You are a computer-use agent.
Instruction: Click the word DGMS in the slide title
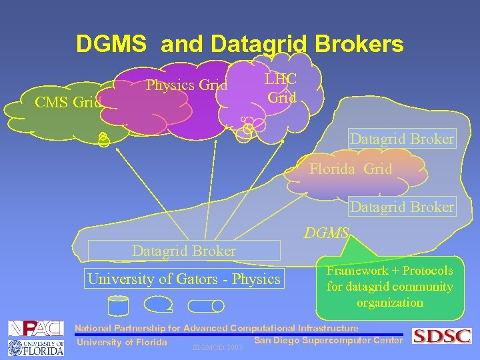[x=111, y=44]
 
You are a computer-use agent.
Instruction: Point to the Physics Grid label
[x=187, y=85]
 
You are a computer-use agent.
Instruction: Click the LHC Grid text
[x=281, y=88]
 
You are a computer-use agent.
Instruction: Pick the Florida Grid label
[x=351, y=169]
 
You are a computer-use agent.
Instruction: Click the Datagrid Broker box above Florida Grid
[x=402, y=139]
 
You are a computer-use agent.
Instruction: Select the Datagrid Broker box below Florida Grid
[x=402, y=207]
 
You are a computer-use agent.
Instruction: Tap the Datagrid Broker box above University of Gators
[x=184, y=251]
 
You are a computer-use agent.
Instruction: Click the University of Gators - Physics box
[x=184, y=279]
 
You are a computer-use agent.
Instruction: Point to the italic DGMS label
[x=326, y=233]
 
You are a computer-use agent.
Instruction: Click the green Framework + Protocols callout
[x=389, y=287]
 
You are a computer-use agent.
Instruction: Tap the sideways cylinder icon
[x=205, y=306]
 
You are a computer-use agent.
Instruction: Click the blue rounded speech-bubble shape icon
[x=159, y=305]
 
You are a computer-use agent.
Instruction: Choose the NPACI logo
[x=35, y=328]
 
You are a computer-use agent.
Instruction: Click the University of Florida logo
[x=35, y=347]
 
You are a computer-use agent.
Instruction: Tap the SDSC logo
[x=441, y=336]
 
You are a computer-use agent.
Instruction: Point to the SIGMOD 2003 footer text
[x=217, y=347]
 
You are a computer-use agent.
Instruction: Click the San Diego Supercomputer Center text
[x=329, y=341]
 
